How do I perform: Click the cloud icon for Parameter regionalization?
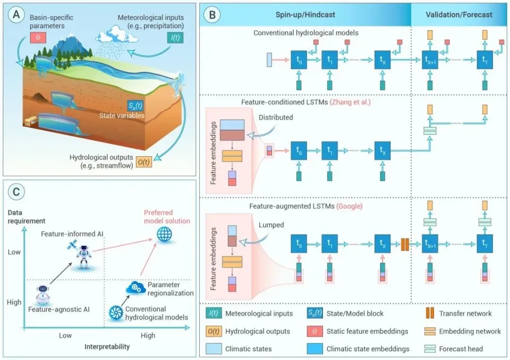tap(135, 288)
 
